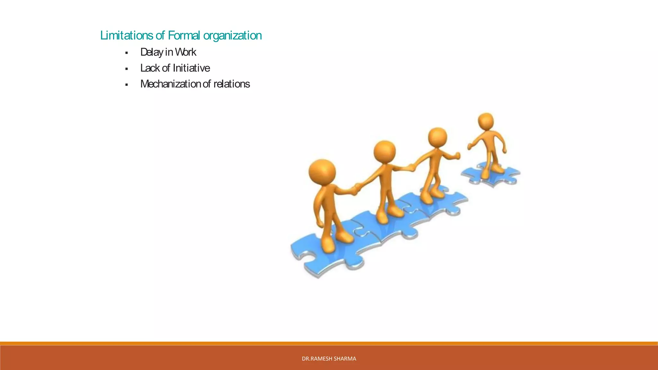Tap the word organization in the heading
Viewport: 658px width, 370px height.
tap(232, 35)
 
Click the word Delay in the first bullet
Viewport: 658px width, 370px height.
tap(152, 52)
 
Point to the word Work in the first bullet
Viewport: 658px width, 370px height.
tap(185, 52)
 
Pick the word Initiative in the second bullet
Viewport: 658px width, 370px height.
tap(191, 68)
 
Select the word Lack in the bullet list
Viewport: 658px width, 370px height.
tap(150, 68)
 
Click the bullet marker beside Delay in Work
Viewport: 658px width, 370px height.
tap(127, 53)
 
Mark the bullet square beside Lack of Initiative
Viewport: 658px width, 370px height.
tap(127, 69)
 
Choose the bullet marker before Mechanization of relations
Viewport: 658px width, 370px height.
tap(127, 85)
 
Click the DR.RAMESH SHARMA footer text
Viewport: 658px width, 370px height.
tap(329, 358)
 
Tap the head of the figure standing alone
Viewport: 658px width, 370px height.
tap(486, 121)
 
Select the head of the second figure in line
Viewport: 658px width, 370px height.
tap(385, 151)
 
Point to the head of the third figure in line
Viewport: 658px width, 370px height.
tap(437, 137)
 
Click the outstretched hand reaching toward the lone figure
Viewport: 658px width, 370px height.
tap(456, 156)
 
